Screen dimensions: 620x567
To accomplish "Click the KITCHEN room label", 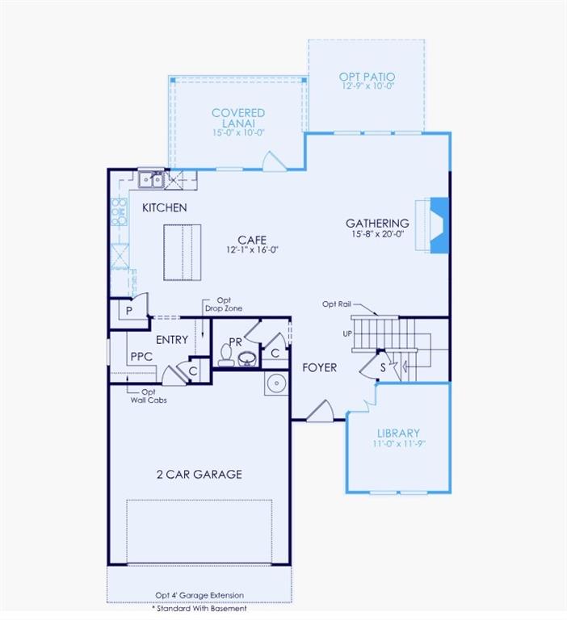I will point(164,207).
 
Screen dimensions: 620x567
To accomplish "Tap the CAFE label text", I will point(247,240).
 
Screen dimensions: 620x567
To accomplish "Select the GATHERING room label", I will point(377,224).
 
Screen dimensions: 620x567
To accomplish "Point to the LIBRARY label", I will point(398,434).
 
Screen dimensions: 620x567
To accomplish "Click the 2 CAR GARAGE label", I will point(199,474).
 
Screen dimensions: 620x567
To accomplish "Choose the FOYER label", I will point(319,367).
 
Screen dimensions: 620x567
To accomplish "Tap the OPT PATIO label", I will point(367,77).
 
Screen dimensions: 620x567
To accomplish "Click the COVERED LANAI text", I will point(238,118).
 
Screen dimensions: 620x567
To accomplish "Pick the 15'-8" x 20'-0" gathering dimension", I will point(377,234).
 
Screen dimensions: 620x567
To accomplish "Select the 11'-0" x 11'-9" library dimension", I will point(398,444).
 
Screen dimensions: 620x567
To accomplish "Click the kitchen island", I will point(183,253).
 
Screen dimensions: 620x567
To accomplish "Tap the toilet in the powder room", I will point(225,357).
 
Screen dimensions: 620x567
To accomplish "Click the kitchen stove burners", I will point(119,212).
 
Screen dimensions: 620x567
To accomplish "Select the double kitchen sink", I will point(150,179).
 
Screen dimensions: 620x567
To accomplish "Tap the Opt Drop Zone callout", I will point(224,304).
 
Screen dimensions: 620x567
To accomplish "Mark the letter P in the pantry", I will point(128,311).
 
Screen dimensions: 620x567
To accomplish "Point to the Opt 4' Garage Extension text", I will point(199,596).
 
